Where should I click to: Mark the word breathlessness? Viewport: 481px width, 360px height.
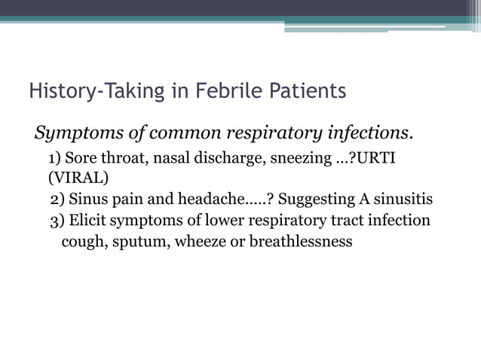coord(300,243)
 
